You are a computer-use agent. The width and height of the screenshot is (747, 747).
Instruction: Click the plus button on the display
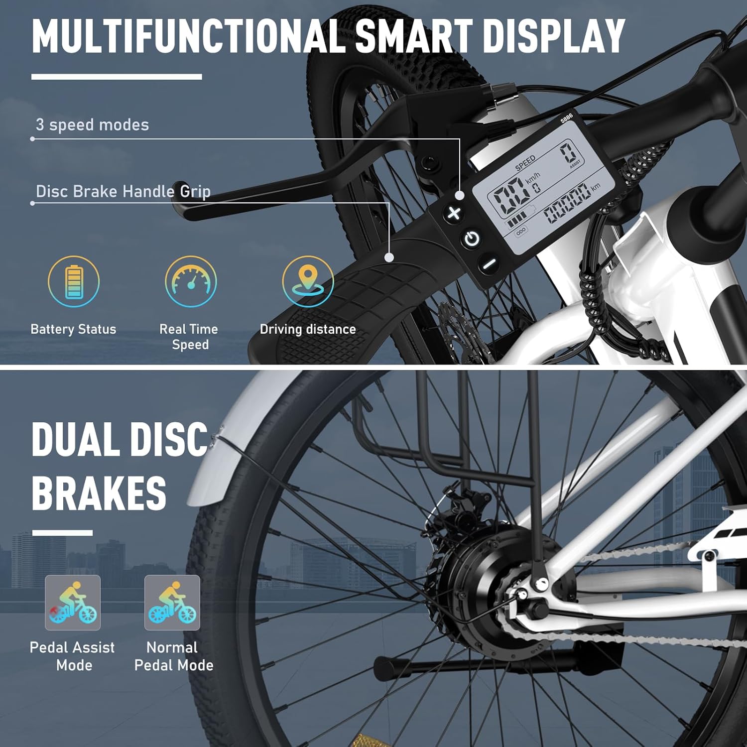[454, 213]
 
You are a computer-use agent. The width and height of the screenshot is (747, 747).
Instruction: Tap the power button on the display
[472, 239]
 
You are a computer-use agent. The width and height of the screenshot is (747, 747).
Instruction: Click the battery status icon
[74, 281]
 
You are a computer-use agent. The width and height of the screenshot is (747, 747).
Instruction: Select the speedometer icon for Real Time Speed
[191, 281]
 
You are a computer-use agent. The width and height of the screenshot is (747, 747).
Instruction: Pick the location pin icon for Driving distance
[308, 281]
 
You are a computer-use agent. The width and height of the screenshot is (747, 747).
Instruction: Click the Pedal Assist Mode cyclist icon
[73, 603]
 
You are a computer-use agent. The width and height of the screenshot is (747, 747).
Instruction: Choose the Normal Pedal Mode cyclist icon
[172, 603]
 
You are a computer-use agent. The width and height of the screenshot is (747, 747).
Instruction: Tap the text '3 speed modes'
[92, 124]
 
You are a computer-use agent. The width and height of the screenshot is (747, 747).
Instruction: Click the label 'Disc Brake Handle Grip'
[123, 191]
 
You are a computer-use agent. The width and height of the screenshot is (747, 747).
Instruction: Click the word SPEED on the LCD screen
[525, 163]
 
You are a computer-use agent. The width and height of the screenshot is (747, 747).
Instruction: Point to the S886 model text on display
[566, 118]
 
